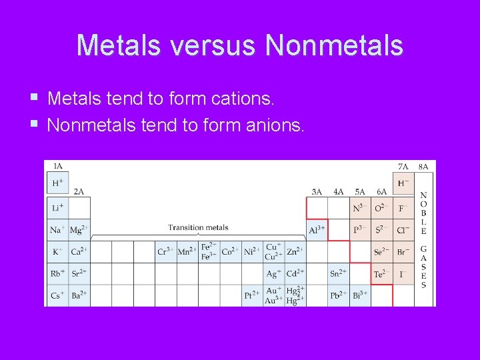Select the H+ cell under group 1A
click(x=58, y=183)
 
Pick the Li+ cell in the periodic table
click(x=58, y=208)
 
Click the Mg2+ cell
click(x=79, y=230)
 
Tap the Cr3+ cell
click(x=166, y=252)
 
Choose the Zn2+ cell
click(x=295, y=252)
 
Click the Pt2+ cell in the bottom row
click(x=253, y=295)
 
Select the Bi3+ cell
click(x=361, y=295)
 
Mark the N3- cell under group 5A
click(x=360, y=208)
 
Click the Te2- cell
click(x=382, y=273)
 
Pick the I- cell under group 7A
click(x=403, y=273)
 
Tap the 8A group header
click(x=424, y=166)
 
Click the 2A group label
click(x=79, y=191)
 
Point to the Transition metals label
click(x=198, y=227)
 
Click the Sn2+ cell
click(x=339, y=273)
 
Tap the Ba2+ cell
click(x=79, y=295)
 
